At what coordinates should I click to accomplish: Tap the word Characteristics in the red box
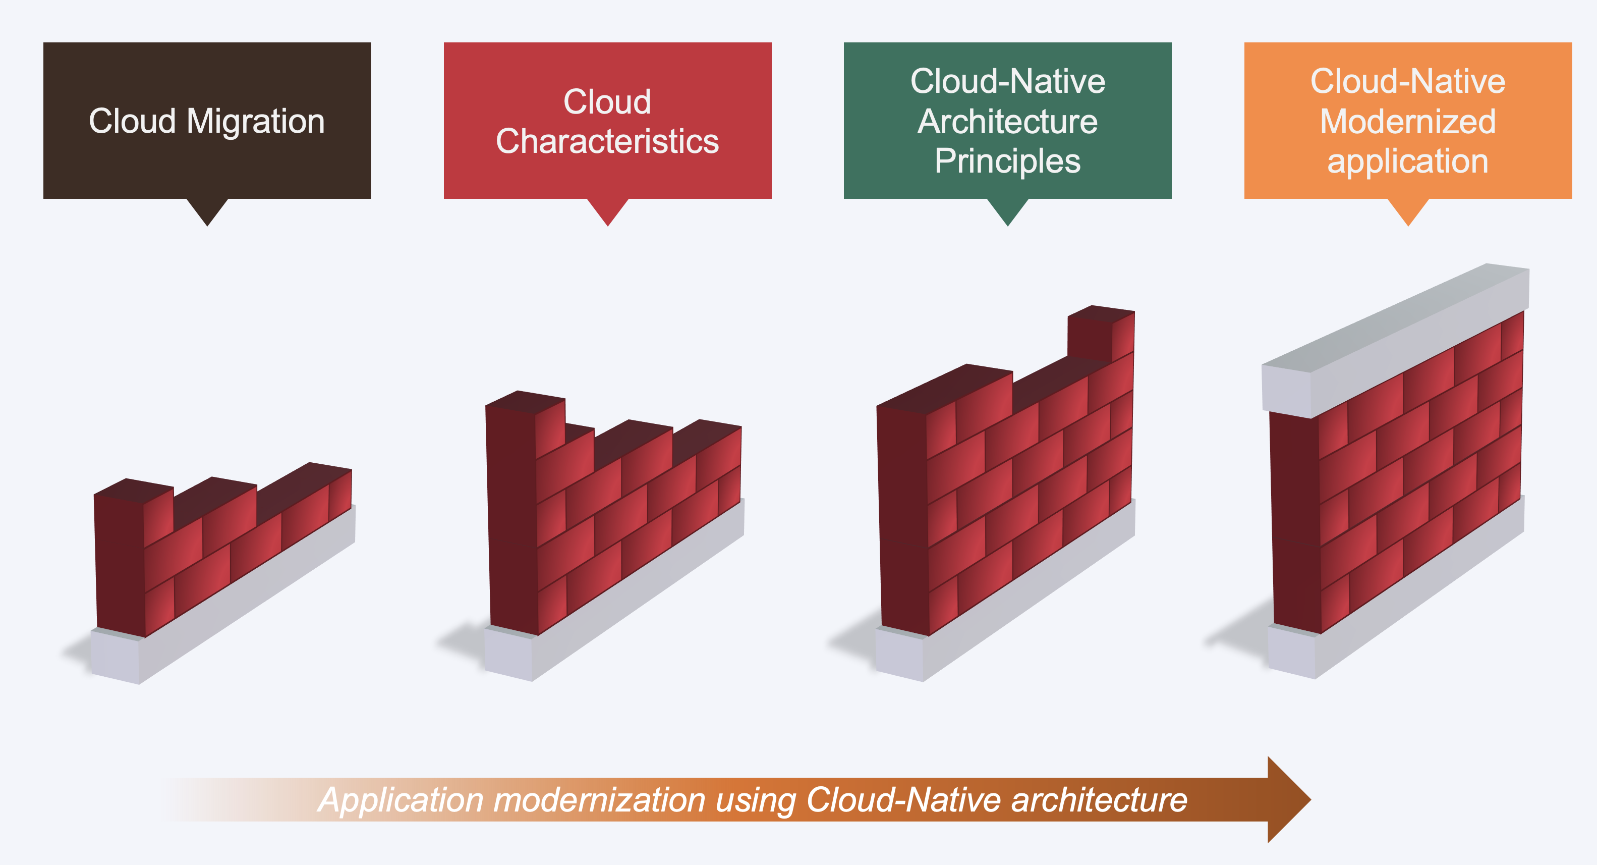(607, 141)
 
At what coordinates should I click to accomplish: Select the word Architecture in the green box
(1007, 122)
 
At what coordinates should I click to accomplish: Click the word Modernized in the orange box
(1408, 122)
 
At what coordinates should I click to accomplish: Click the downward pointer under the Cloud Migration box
(208, 212)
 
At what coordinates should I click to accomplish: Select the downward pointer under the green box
(1008, 212)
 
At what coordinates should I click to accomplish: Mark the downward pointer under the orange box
(1408, 212)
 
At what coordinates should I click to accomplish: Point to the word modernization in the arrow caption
(599, 800)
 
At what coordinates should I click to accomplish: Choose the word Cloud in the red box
(607, 102)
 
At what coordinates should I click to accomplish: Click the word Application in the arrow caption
(401, 800)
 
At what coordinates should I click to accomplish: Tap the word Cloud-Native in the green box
(1007, 81)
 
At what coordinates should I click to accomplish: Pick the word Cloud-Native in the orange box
(1408, 81)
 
